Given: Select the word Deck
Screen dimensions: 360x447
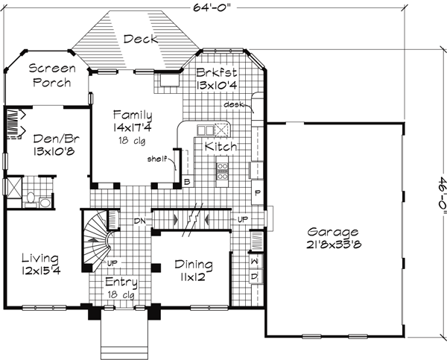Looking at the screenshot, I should click(x=140, y=40).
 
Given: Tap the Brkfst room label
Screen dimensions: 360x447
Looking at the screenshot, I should click(x=216, y=73).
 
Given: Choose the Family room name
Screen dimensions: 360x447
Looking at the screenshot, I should click(x=133, y=116).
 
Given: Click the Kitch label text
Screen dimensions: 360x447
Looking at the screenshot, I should click(x=221, y=147).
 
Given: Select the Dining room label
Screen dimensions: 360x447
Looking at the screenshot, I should click(x=193, y=265).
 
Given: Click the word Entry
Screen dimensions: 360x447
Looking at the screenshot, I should click(x=121, y=282).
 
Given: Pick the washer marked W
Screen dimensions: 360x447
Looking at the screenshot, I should click(x=254, y=263).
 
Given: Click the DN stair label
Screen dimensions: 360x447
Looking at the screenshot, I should click(x=138, y=220).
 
